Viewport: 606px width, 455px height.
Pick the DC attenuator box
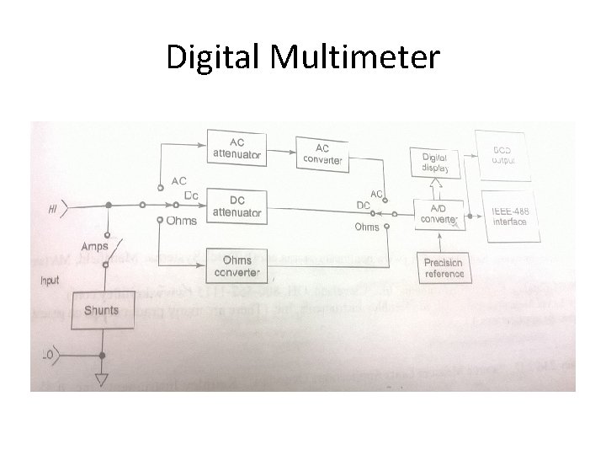click(x=234, y=206)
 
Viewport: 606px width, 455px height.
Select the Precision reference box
click(x=444, y=268)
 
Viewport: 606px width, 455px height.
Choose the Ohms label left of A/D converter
click(x=365, y=227)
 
